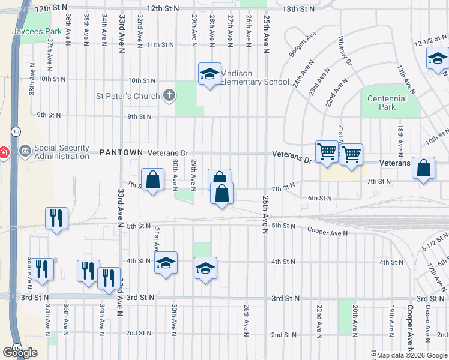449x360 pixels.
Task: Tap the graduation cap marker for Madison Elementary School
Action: pyautogui.click(x=209, y=74)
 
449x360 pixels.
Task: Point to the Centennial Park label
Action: pyautogui.click(x=387, y=103)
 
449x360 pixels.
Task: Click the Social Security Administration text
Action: pyautogui.click(x=62, y=152)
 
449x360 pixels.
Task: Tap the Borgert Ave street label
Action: pyautogui.click(x=302, y=45)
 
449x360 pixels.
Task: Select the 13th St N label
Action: pyautogui.click(x=298, y=9)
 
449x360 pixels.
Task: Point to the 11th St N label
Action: pyautogui.click(x=160, y=44)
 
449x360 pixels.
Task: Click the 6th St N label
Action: pyautogui.click(x=320, y=198)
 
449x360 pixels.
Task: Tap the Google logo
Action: pyautogui.click(x=20, y=353)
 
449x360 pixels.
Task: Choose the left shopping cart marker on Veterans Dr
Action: pyautogui.click(x=327, y=151)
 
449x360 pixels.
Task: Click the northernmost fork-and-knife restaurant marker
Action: pyautogui.click(x=56, y=218)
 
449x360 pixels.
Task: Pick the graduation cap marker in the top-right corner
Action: pyautogui.click(x=438, y=58)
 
